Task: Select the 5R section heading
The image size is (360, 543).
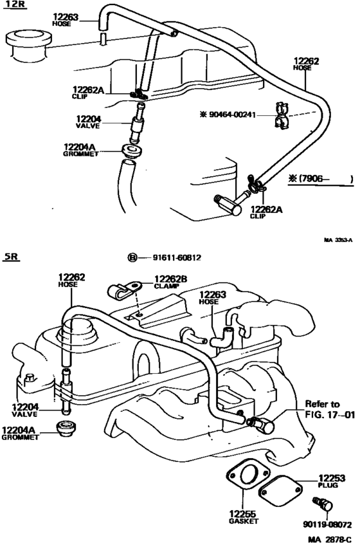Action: tap(12, 257)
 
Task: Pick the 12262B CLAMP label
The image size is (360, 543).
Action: tap(170, 282)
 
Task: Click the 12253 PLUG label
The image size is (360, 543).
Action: tap(330, 482)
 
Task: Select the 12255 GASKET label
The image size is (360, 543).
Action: tap(243, 518)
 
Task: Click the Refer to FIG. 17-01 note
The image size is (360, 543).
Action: tap(330, 410)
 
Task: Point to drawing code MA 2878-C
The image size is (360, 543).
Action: tap(328, 537)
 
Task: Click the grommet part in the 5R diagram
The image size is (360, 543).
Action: tap(64, 428)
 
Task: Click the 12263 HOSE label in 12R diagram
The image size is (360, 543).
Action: tap(64, 20)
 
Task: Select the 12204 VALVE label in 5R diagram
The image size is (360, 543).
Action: tap(24, 409)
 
